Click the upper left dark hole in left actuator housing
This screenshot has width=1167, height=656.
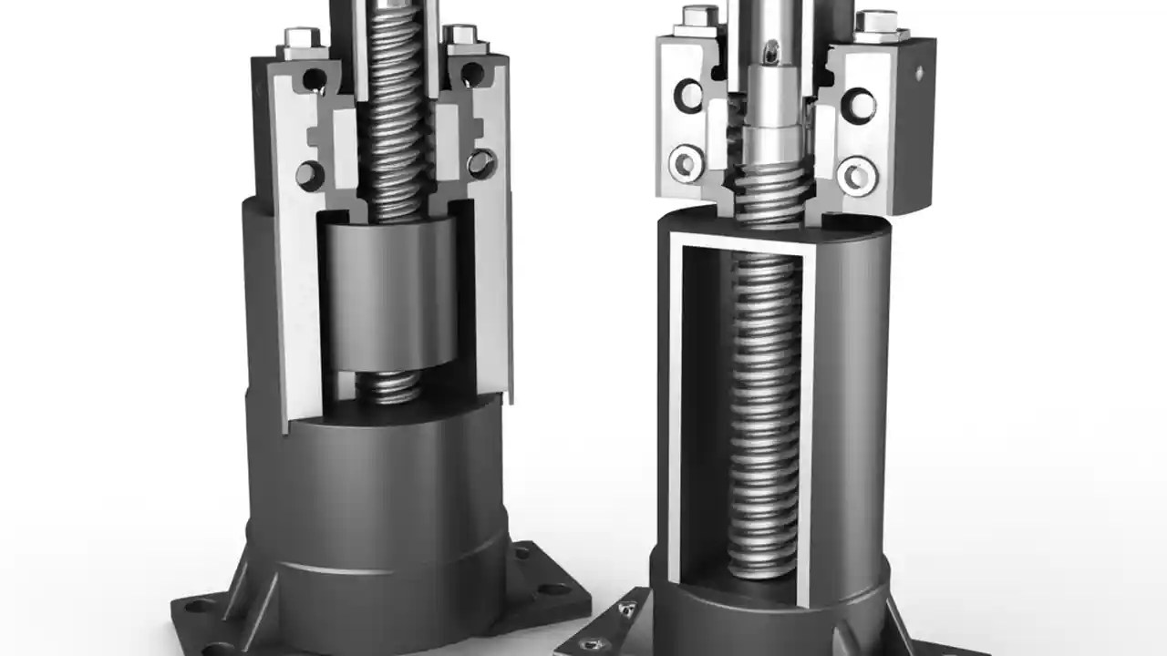click(x=314, y=78)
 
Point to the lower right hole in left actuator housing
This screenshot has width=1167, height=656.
click(x=480, y=164)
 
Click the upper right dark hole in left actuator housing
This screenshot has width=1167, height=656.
click(x=473, y=75)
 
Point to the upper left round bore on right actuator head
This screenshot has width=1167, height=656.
click(x=687, y=95)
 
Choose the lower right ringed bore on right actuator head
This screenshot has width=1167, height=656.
click(x=857, y=173)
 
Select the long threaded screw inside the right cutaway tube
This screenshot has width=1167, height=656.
click(x=764, y=410)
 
